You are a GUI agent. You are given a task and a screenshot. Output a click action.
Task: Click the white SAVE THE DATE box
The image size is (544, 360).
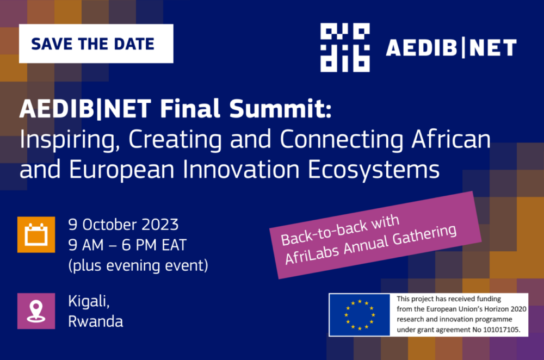(x=96, y=44)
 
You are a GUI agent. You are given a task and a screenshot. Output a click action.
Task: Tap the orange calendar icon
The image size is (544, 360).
(x=36, y=235)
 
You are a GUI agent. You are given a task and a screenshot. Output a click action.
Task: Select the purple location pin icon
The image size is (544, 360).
(x=36, y=311)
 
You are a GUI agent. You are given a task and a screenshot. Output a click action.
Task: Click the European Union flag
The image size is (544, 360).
(x=360, y=315)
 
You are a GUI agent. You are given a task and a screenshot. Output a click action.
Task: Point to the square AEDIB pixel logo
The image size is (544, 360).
(x=345, y=47)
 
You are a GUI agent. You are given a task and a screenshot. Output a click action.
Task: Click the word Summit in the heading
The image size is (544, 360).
(x=280, y=109)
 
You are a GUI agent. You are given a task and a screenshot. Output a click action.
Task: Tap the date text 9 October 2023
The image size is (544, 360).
(x=123, y=225)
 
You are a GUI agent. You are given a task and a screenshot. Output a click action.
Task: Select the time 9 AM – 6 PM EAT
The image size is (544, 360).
(x=127, y=245)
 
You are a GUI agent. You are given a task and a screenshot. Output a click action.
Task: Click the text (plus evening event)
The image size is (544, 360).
(x=138, y=266)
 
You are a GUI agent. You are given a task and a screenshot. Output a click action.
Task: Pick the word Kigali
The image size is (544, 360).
(x=89, y=301)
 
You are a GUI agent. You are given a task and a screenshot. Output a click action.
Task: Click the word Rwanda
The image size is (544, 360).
(x=95, y=321)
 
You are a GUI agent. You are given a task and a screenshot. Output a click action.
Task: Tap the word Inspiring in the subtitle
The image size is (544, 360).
(x=70, y=140)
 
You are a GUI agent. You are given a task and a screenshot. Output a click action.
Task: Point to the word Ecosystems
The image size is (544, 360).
(x=374, y=170)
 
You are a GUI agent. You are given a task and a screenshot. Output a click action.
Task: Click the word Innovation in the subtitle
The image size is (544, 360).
(x=241, y=170)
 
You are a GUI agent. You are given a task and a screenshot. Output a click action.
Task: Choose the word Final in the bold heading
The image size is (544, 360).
(x=190, y=109)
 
